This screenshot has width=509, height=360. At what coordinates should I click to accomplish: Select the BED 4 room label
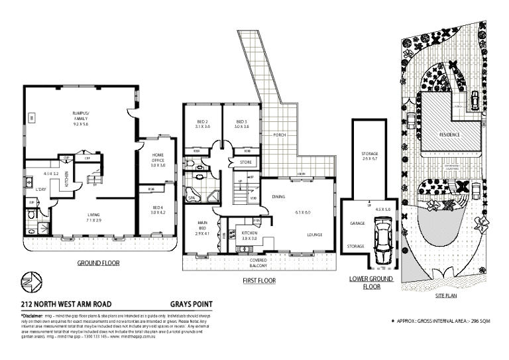pyautogui.click(x=157, y=208)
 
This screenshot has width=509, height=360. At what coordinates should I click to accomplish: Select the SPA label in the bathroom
pyautogui.click(x=192, y=198)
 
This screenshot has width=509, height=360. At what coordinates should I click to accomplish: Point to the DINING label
pyautogui.click(x=278, y=196)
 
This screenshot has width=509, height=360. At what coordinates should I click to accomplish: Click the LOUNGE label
pyautogui.click(x=314, y=235)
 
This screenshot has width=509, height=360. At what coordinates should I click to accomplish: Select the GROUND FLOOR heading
pyautogui.click(x=97, y=263)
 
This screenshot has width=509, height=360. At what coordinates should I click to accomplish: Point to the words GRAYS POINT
pyautogui.click(x=194, y=304)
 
